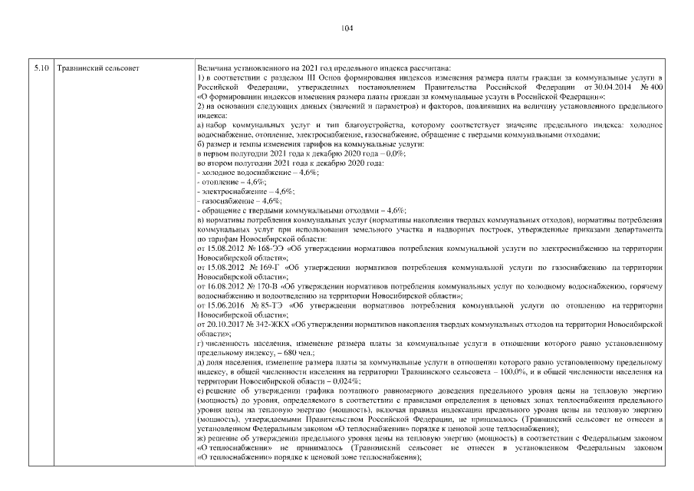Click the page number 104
(x=346, y=29)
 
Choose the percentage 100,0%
(x=508, y=371)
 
